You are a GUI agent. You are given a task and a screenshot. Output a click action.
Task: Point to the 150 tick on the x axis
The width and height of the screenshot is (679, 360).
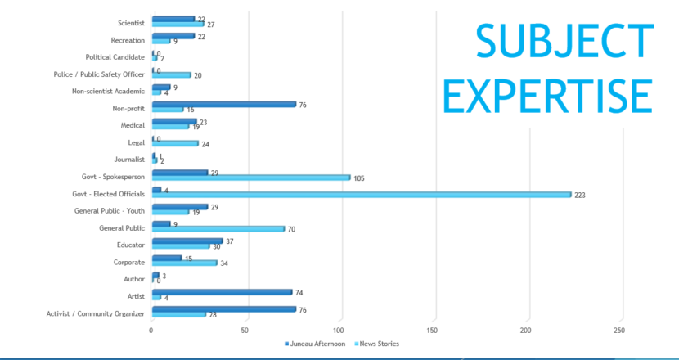click(x=432, y=331)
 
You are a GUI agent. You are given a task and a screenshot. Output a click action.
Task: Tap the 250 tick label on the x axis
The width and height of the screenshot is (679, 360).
click(x=619, y=331)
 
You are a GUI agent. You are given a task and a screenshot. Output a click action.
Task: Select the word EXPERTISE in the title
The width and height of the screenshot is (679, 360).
click(x=547, y=97)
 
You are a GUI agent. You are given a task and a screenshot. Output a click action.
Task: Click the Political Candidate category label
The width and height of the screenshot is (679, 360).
click(x=115, y=57)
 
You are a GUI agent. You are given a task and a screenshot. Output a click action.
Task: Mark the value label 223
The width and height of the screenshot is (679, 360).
click(x=579, y=196)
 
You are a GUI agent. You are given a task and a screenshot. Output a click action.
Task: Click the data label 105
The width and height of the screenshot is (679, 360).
click(x=358, y=178)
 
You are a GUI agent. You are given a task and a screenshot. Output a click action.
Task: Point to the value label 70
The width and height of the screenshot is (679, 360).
click(x=290, y=229)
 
